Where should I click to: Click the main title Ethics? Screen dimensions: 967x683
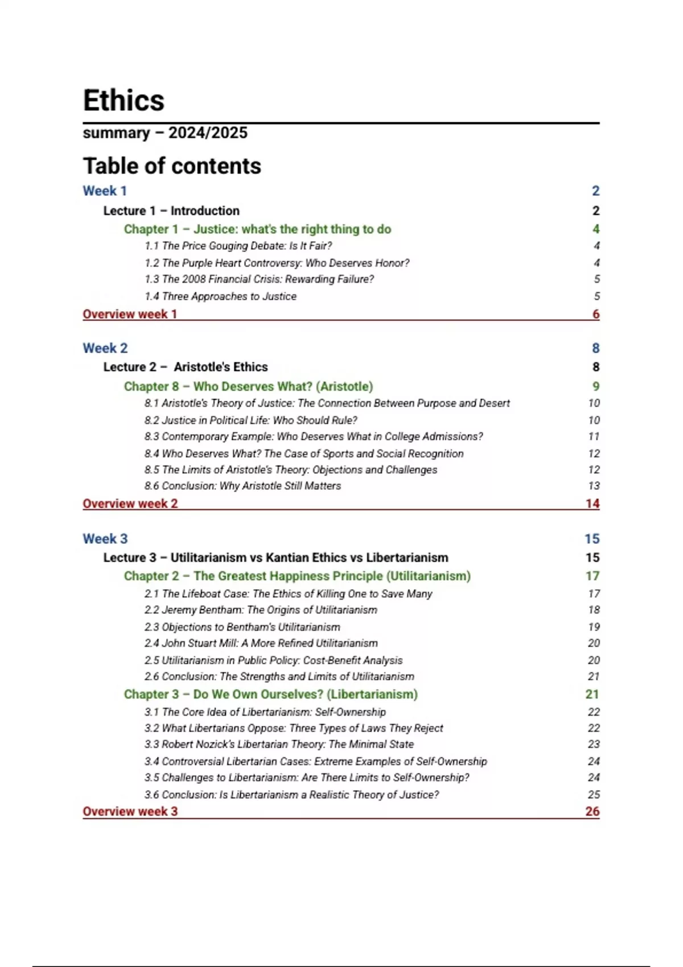tap(124, 101)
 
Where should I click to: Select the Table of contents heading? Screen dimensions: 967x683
tap(172, 166)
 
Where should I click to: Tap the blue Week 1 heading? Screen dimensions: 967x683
tap(105, 191)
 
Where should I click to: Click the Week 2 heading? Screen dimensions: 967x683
tap(105, 348)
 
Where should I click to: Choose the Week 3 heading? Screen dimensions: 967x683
tap(105, 539)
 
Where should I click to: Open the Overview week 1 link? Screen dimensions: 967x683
tap(130, 314)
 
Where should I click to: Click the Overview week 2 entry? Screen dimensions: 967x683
tap(130, 503)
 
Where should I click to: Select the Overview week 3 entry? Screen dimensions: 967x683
tap(130, 811)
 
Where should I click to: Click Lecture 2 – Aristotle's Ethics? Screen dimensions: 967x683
tap(186, 367)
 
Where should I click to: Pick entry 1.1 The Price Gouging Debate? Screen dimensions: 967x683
tap(238, 246)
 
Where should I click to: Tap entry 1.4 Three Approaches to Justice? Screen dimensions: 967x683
tap(220, 296)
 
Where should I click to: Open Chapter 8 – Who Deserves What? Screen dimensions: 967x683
tap(248, 386)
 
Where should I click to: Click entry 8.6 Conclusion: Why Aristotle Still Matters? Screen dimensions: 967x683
tap(242, 486)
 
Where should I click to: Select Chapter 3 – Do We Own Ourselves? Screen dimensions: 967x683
tap(270, 694)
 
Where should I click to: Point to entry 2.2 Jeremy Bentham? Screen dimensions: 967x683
tap(261, 610)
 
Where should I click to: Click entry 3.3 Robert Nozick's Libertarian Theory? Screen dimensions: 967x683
tap(279, 744)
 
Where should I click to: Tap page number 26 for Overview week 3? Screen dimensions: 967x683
tap(592, 811)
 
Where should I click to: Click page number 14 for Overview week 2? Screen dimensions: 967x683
tap(592, 503)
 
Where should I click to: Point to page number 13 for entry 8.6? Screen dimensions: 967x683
tap(594, 486)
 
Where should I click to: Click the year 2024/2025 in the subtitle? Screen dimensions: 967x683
tap(208, 133)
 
